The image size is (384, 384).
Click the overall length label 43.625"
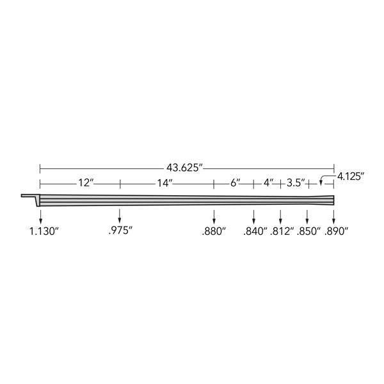point(185,168)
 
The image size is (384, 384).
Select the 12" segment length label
point(86,182)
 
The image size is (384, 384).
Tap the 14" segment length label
point(165,182)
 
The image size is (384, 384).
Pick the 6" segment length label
point(235,182)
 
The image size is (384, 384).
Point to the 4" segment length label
point(268,182)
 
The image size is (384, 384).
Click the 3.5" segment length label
point(296,182)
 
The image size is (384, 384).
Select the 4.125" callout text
point(351,176)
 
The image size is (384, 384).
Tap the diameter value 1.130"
point(44,231)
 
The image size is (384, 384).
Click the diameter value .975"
point(120,230)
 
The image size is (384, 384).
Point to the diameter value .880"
point(214,231)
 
